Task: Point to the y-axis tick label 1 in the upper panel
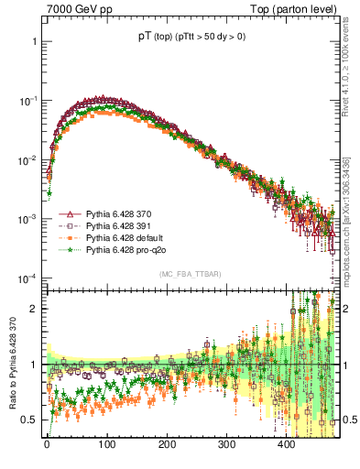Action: coord(34,42)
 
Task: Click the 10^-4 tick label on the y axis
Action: coord(27,278)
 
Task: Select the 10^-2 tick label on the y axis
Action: coord(27,160)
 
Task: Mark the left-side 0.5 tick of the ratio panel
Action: coord(29,420)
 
